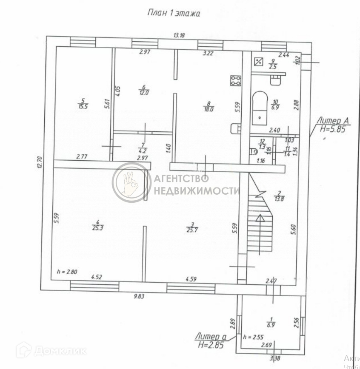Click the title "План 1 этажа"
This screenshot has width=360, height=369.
click(x=173, y=13)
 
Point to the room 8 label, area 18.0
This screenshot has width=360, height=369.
click(x=208, y=106)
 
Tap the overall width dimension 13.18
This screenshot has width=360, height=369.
click(x=179, y=35)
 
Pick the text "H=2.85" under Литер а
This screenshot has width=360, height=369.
click(x=211, y=345)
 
